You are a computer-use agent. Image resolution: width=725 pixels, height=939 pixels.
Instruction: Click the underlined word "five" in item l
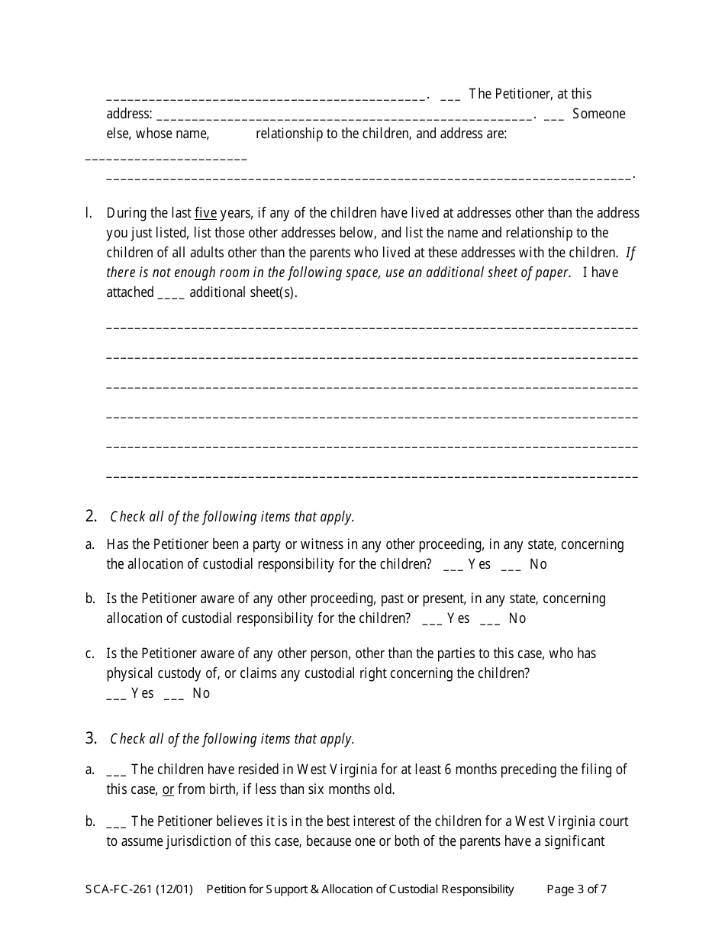point(206,213)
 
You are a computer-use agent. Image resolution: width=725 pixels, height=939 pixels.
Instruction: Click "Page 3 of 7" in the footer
point(577,889)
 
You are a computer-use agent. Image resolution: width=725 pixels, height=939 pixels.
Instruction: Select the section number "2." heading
point(91,516)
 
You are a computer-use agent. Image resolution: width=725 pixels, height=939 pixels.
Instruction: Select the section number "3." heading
point(91,738)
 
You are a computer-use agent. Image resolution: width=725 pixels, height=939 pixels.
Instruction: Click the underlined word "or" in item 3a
point(168,789)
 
